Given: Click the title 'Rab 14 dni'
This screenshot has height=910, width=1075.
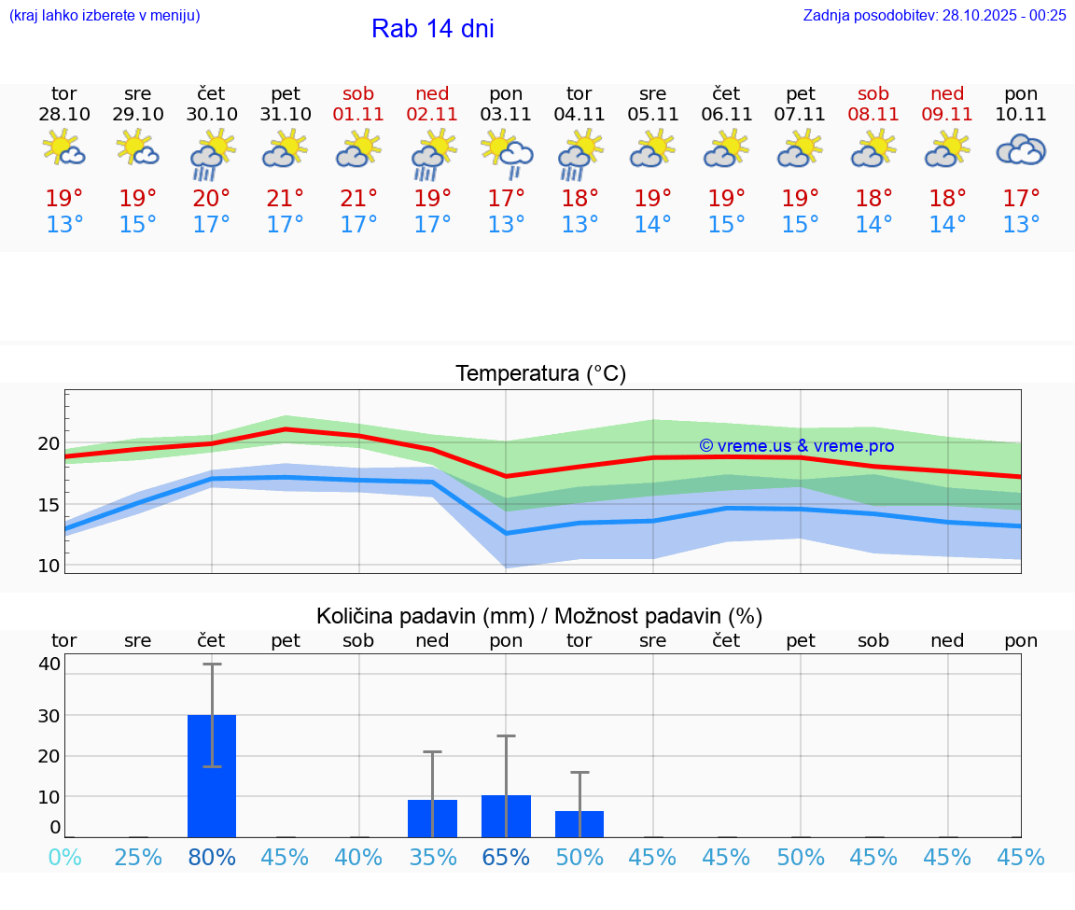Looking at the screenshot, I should pyautogui.click(x=432, y=29).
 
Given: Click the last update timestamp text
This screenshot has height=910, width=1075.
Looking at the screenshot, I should pyautogui.click(x=934, y=15).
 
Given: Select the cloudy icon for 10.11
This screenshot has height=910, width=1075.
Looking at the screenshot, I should pyautogui.click(x=1021, y=149).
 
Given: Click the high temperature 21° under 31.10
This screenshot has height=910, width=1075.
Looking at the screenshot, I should pyautogui.click(x=286, y=199).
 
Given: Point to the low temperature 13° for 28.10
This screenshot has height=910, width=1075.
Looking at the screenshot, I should pyautogui.click(x=64, y=225).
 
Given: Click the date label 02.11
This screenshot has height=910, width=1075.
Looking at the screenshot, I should pyautogui.click(x=432, y=115).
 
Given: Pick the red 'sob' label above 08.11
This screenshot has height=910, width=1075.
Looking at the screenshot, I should pyautogui.click(x=873, y=94).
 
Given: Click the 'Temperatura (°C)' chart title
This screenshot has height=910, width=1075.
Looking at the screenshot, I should pyautogui.click(x=540, y=374).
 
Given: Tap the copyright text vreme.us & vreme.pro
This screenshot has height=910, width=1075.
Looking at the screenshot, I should pyautogui.click(x=796, y=446).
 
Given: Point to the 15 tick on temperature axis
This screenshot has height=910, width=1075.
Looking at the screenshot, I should pyautogui.click(x=48, y=505).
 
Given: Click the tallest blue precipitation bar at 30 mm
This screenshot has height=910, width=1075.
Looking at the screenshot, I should pyautogui.click(x=212, y=776).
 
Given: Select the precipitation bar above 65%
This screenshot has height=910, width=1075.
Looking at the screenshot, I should pyautogui.click(x=506, y=817).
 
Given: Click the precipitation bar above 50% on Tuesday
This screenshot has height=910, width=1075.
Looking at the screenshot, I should pyautogui.click(x=579, y=824).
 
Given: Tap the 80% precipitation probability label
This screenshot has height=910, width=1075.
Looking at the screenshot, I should pyautogui.click(x=212, y=858).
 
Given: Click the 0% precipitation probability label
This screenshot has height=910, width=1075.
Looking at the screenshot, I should pyautogui.click(x=64, y=858).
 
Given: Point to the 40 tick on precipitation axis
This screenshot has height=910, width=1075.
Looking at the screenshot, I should pyautogui.click(x=49, y=665).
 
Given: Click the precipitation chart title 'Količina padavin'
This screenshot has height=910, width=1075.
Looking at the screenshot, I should pyautogui.click(x=539, y=616).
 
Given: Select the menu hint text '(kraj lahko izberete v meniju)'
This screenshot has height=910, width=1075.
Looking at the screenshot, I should pyautogui.click(x=105, y=15).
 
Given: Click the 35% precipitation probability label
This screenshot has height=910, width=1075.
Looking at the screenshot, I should pyautogui.click(x=432, y=858).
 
